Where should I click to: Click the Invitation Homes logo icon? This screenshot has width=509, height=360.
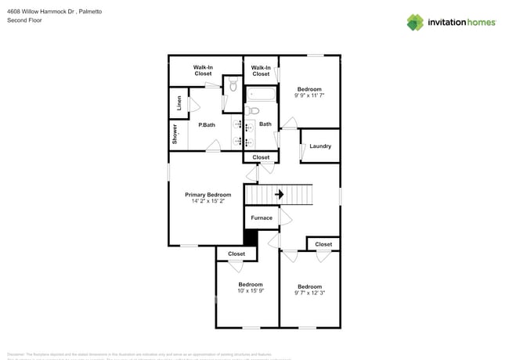pos(415,22)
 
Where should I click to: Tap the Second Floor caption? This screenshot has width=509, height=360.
pos(23,20)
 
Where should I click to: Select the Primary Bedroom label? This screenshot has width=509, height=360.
pos(208,194)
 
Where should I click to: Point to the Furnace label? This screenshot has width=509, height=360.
pos(262,218)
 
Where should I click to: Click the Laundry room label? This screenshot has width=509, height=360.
pos(320,146)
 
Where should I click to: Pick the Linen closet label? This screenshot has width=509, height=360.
pos(179,103)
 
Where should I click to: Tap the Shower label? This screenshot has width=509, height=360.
pos(175,134)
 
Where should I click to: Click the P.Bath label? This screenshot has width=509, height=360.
pos(207,124)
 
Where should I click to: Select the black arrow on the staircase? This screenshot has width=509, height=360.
pos(279,194)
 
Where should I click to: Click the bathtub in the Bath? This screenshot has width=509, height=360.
pos(261,95)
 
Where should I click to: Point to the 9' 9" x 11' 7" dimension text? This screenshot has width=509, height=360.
pos(309,95)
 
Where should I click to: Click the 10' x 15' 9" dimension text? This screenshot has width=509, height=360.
pos(251,291)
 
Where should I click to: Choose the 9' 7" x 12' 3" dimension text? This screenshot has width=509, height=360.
pos(309,293)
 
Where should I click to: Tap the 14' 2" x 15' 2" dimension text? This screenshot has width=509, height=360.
pos(208,201)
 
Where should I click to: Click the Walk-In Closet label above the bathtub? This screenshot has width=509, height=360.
pos(261,70)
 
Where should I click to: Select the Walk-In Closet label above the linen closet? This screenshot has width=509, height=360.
pos(204,70)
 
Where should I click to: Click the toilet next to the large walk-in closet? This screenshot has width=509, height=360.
pos(233,85)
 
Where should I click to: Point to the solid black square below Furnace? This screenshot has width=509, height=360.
pos(251,238)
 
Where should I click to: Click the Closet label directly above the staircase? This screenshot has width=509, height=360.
pos(261,157)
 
